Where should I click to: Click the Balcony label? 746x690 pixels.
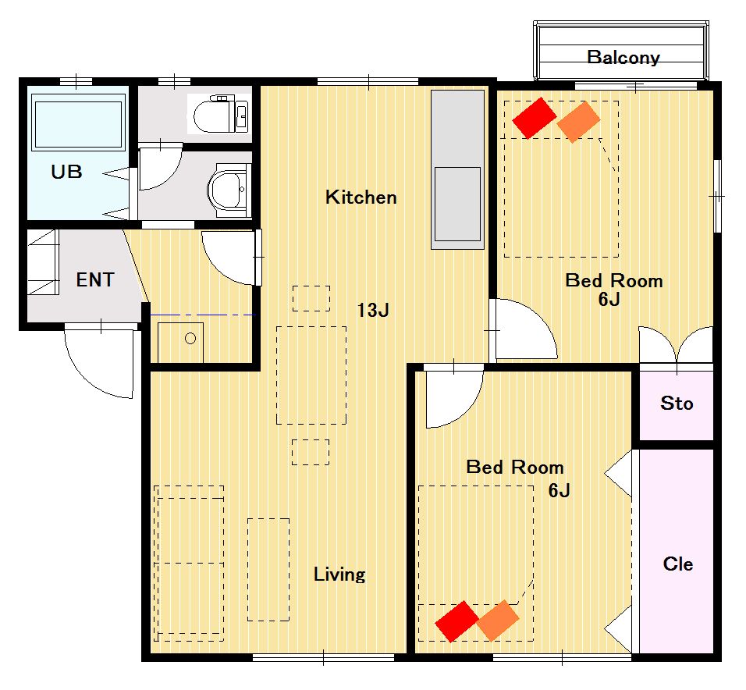point(623,58)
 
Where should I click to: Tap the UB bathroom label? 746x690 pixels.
point(66,171)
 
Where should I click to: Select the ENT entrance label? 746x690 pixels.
point(95,279)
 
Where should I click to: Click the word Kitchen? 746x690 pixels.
point(361,197)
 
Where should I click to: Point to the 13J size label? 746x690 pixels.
point(373,310)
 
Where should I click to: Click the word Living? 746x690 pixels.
point(339,574)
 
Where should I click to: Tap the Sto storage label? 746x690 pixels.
point(677,404)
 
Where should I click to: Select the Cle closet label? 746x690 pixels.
point(678,564)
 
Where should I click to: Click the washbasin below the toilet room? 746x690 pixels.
point(229,190)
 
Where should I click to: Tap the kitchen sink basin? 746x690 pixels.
point(458,204)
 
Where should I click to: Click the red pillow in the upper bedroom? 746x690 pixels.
point(535,118)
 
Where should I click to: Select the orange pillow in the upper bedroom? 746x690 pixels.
point(578,122)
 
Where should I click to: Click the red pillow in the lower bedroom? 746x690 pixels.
point(456,621)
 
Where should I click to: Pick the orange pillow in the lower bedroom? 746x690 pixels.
point(498,621)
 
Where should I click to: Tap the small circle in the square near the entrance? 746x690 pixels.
point(190,338)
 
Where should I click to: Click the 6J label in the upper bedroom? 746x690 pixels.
point(609,299)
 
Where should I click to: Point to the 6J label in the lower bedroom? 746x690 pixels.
point(559,490)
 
